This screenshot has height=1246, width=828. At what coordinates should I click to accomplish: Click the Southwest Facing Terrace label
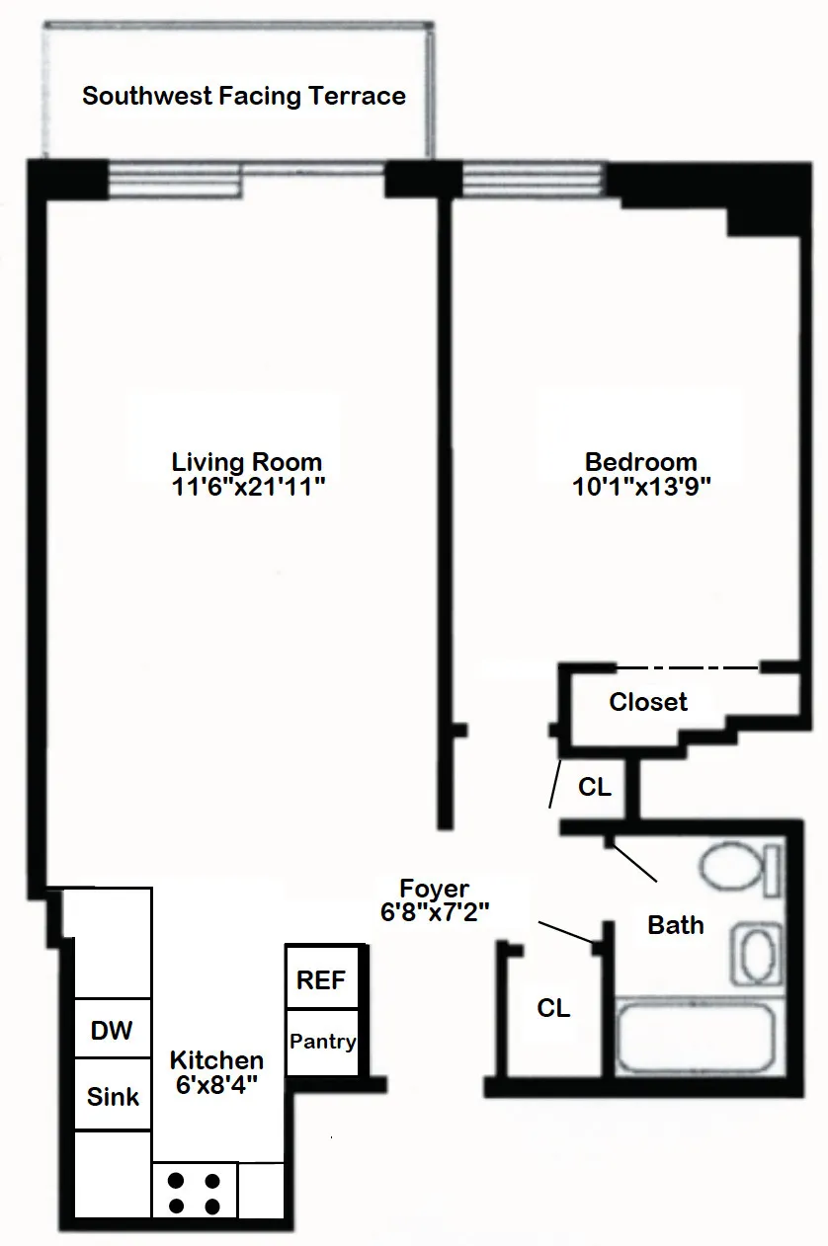click(x=244, y=96)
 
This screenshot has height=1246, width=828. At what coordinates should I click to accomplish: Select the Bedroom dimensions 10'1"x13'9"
click(x=641, y=486)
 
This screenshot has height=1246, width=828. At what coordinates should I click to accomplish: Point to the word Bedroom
click(x=641, y=461)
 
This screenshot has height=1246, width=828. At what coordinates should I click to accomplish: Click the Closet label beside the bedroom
click(x=648, y=702)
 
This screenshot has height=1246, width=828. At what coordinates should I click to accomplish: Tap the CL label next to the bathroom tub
click(x=553, y=1008)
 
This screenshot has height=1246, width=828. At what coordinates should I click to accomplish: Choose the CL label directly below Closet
click(x=594, y=788)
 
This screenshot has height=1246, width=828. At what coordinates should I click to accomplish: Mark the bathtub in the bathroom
click(x=696, y=1040)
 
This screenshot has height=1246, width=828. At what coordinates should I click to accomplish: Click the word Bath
click(x=676, y=925)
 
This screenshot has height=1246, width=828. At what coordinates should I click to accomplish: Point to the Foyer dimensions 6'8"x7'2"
click(x=435, y=912)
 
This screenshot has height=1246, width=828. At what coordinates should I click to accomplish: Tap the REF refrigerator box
click(x=321, y=980)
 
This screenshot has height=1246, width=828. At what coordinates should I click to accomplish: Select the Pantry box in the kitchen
click(x=322, y=1042)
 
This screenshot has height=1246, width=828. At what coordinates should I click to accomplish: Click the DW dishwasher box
click(x=112, y=1031)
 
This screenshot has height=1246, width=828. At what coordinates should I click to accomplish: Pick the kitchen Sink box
click(x=113, y=1096)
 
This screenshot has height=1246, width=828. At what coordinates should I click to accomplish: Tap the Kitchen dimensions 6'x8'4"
click(x=217, y=1084)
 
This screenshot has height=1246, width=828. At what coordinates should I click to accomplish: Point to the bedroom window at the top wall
click(x=532, y=179)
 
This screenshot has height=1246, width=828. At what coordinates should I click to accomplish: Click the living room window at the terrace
click(x=175, y=179)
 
